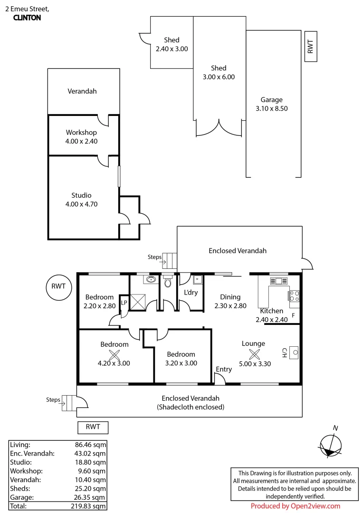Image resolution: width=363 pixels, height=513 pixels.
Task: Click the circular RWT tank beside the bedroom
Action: tap(58, 287)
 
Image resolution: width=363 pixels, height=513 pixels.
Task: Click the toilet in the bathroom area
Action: tap(168, 281)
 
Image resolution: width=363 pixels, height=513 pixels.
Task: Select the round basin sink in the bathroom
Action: tap(151, 279)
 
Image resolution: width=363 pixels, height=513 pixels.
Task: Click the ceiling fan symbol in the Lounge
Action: tap(254, 354)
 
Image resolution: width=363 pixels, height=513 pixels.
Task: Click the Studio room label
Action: tap(81, 195)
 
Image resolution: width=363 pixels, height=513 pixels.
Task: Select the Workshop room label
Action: tap(81, 132)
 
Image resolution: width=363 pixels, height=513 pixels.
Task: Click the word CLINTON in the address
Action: tap(27, 18)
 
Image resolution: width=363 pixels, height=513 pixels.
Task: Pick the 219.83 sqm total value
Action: tap(88, 506)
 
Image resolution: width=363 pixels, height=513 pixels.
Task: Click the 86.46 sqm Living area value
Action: tap(90, 445)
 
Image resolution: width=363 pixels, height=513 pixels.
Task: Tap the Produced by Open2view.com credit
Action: tap(296, 506)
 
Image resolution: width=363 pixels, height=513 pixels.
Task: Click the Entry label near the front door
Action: tap(224, 369)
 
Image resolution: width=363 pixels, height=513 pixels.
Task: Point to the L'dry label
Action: tap(191, 292)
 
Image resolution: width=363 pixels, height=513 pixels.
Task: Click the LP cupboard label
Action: tap(124, 303)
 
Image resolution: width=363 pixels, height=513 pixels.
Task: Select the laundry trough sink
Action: tap(197, 280)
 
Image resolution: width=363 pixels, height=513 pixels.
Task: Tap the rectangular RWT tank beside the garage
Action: tap(311, 47)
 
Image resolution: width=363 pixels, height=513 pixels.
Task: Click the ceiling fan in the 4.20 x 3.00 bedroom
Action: tap(114, 355)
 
